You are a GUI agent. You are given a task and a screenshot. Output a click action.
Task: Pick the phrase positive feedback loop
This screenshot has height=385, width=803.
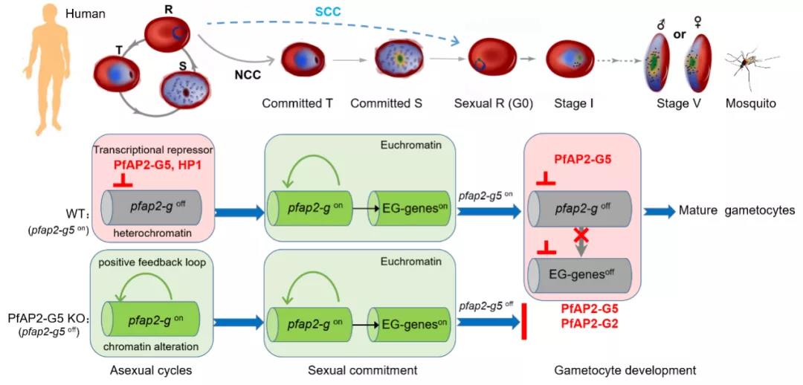pos(152,264)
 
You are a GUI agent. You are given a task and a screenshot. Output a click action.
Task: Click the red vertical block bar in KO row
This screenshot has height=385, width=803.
pos(524,322)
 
